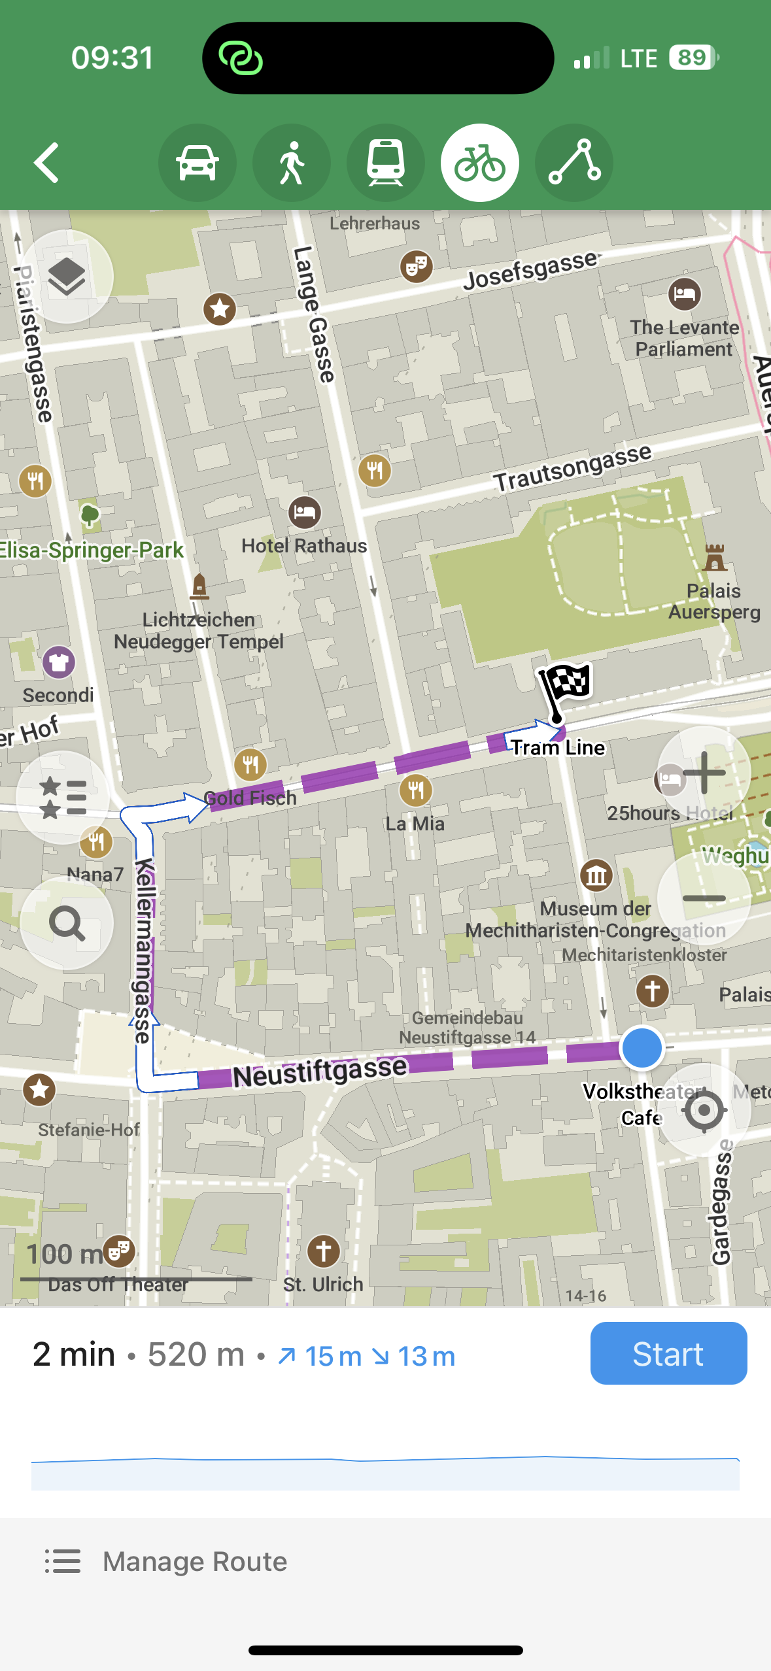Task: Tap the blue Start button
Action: [x=668, y=1353]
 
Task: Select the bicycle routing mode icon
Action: [x=479, y=163]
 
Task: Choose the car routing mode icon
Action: [x=197, y=163]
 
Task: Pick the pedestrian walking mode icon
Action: [x=291, y=163]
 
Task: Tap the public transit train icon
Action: [x=385, y=163]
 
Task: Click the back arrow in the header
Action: [x=47, y=163]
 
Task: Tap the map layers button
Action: [x=67, y=277]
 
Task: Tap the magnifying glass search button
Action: [x=67, y=923]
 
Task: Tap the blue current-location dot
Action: [x=642, y=1047]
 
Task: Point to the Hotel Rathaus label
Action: [x=304, y=545]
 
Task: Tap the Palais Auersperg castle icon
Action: [x=714, y=558]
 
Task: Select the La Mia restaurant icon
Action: [x=416, y=790]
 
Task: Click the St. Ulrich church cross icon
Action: [x=323, y=1251]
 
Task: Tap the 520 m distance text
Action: [x=196, y=1354]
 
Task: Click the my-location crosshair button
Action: [x=704, y=1110]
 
